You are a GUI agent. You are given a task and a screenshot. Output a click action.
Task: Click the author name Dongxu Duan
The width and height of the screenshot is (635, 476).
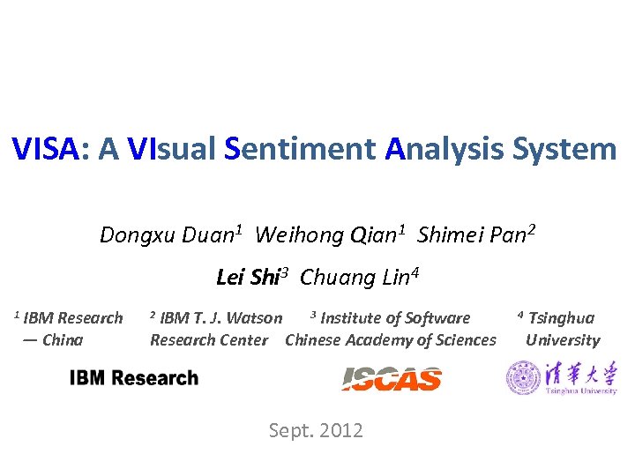click(168, 235)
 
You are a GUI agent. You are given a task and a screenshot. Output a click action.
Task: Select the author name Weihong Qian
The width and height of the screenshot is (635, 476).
click(327, 235)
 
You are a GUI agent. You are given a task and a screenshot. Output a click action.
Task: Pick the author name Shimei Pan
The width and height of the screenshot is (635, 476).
click(473, 235)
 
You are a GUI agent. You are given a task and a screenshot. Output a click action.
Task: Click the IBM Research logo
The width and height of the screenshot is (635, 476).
click(134, 378)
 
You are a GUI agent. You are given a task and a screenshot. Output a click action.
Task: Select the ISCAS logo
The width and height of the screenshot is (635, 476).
click(392, 379)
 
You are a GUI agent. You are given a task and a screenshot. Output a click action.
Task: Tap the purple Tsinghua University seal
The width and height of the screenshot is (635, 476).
click(523, 378)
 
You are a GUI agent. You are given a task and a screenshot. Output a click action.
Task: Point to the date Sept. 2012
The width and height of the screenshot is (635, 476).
click(316, 430)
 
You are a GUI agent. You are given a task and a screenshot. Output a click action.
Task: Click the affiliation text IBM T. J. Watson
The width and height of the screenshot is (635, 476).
click(221, 318)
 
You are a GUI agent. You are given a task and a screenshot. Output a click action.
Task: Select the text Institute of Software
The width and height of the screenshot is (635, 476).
click(395, 318)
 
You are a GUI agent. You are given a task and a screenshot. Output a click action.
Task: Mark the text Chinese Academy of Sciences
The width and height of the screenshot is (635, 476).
click(391, 340)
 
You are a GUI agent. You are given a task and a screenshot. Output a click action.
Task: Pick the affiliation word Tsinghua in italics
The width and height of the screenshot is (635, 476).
click(561, 318)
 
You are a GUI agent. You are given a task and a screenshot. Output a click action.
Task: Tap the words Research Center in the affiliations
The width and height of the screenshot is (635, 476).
click(209, 340)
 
